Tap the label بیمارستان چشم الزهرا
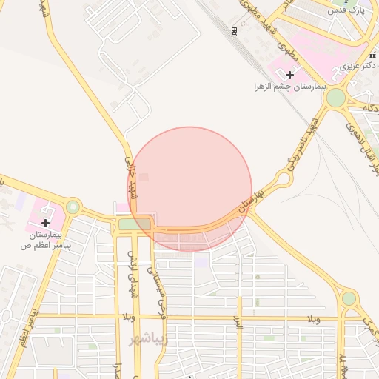pos(289,87)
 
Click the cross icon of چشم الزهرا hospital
pos(289,74)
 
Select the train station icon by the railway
pos(234,30)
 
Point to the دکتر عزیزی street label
pos(359,66)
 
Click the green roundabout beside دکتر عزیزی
pos(335,98)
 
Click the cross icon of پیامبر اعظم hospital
pos(46,222)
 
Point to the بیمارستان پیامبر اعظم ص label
pos(46,239)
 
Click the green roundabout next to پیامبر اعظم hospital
pos(73,207)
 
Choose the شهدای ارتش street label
pos(133,273)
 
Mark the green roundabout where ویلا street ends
pos(349,298)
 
